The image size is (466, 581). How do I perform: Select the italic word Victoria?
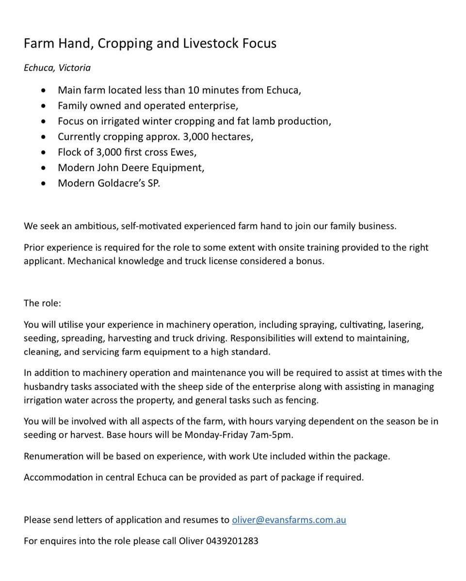[x=75, y=68]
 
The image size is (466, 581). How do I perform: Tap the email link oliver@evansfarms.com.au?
[x=289, y=520]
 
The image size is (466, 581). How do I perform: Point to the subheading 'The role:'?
[x=42, y=303]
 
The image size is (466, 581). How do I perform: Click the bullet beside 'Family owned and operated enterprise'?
[x=45, y=106]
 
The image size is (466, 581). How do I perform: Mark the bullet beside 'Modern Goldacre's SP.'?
[x=45, y=184]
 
